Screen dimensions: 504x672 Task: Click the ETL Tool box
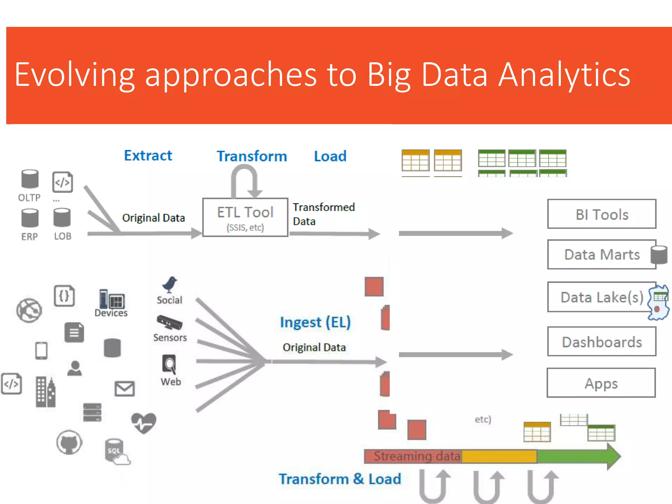pyautogui.click(x=245, y=217)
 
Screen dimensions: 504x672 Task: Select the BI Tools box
pyautogui.click(x=601, y=214)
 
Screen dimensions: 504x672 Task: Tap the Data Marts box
pyautogui.click(x=601, y=254)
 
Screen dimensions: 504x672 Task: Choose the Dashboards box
pyautogui.click(x=601, y=342)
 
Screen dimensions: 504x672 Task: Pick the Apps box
pyautogui.click(x=601, y=383)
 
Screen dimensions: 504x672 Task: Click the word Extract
pyautogui.click(x=148, y=156)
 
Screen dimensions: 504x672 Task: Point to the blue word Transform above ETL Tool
pyautogui.click(x=252, y=156)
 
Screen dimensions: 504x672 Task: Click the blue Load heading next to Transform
pyautogui.click(x=330, y=156)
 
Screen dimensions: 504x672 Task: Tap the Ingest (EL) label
pyautogui.click(x=315, y=322)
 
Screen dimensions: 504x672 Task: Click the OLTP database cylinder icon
pyautogui.click(x=30, y=179)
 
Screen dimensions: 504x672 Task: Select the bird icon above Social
pyautogui.click(x=170, y=284)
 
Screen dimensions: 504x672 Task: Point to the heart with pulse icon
pyautogui.click(x=144, y=423)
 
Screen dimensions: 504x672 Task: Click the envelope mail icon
pyautogui.click(x=125, y=389)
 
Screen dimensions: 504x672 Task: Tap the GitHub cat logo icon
pyautogui.click(x=69, y=442)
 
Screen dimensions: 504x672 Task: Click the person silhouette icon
pyautogui.click(x=74, y=368)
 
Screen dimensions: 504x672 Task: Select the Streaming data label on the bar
pyautogui.click(x=417, y=456)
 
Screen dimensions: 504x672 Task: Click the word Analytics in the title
pyautogui.click(x=564, y=75)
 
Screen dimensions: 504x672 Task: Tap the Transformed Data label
pyautogui.click(x=324, y=214)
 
